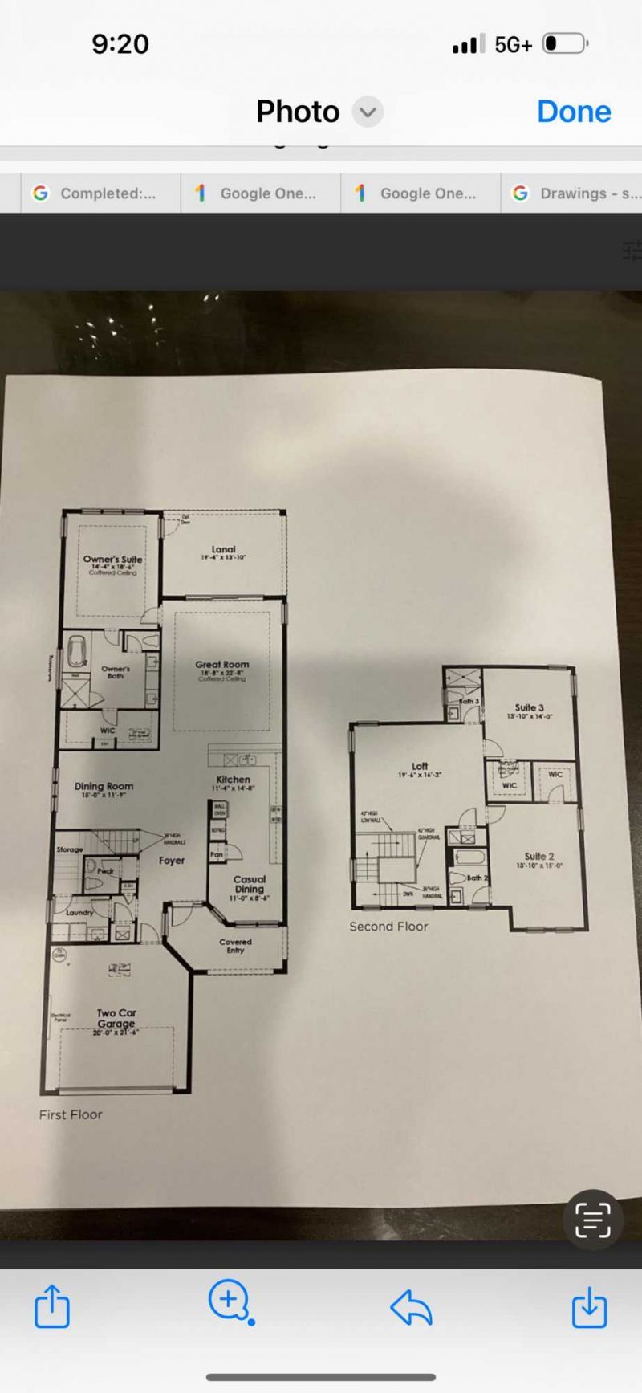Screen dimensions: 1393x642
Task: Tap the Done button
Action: point(574,112)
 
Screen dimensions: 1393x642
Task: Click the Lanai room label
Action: point(223,550)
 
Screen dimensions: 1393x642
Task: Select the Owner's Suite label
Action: point(112,560)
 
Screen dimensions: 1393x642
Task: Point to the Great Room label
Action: point(222,665)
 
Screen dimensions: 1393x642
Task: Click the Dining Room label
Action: point(104,787)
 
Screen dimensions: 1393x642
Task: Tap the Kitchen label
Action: point(233,780)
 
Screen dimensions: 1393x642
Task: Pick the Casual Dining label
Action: point(249,884)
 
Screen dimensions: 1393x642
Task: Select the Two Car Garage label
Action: point(116,1018)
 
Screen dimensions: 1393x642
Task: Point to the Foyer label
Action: point(172,861)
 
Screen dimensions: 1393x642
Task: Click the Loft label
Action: point(420,767)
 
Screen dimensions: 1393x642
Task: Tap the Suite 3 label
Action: point(530,708)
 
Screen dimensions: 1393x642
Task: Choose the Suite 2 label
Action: point(539,857)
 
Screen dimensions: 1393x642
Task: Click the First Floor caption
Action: point(71,1114)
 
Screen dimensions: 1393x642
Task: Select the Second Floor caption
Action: point(388,927)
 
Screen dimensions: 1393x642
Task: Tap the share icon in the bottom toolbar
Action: point(52,1307)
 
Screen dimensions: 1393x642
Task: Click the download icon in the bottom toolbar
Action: point(589,1307)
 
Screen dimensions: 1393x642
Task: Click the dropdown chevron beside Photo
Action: point(368,112)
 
